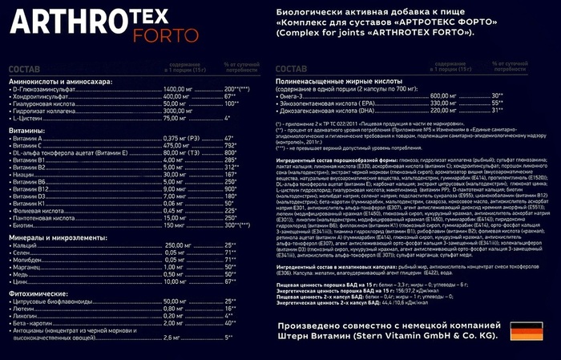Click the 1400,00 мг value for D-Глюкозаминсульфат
[178, 88]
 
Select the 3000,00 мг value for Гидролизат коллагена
[178, 110]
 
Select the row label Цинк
[24, 281]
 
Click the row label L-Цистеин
[30, 118]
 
